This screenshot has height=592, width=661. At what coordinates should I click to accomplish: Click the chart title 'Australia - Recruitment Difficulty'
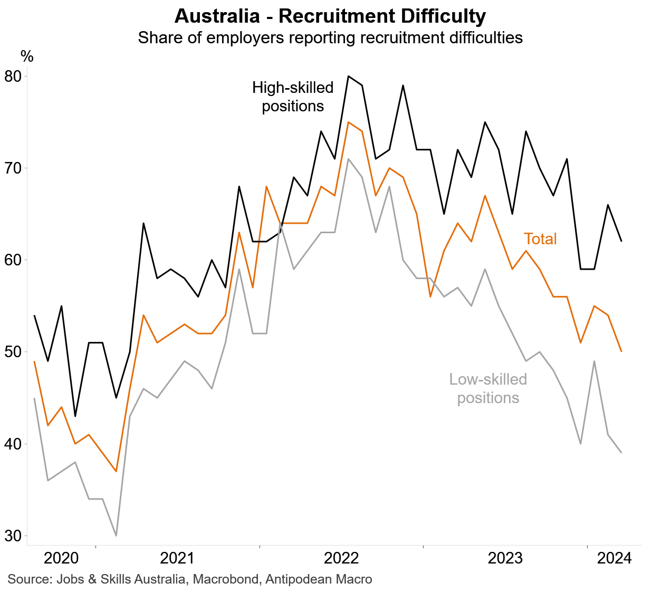pos(330,16)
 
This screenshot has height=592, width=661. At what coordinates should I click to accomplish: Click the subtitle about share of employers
pos(330,38)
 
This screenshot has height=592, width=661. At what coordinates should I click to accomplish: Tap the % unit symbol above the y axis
pos(27,56)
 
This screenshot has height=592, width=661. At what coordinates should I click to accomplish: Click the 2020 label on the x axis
pos(61,558)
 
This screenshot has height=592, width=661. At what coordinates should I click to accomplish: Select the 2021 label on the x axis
pos(177,558)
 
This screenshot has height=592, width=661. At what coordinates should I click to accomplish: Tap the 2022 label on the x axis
pos(341,558)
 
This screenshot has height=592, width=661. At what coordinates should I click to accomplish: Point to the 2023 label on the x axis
pos(505,558)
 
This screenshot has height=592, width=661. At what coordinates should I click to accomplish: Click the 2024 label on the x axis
pos(614,558)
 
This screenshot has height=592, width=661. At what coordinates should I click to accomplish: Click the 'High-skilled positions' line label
pos(293,97)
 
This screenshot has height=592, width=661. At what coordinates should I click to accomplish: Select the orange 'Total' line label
pos(540,239)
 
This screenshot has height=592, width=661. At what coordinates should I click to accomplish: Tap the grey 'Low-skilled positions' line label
pos(488,388)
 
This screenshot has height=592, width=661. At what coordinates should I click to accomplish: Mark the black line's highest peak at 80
pos(348,76)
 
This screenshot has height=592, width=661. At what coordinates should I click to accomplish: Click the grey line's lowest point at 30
pos(116,536)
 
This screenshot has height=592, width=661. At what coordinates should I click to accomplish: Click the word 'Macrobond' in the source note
pos(226,579)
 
